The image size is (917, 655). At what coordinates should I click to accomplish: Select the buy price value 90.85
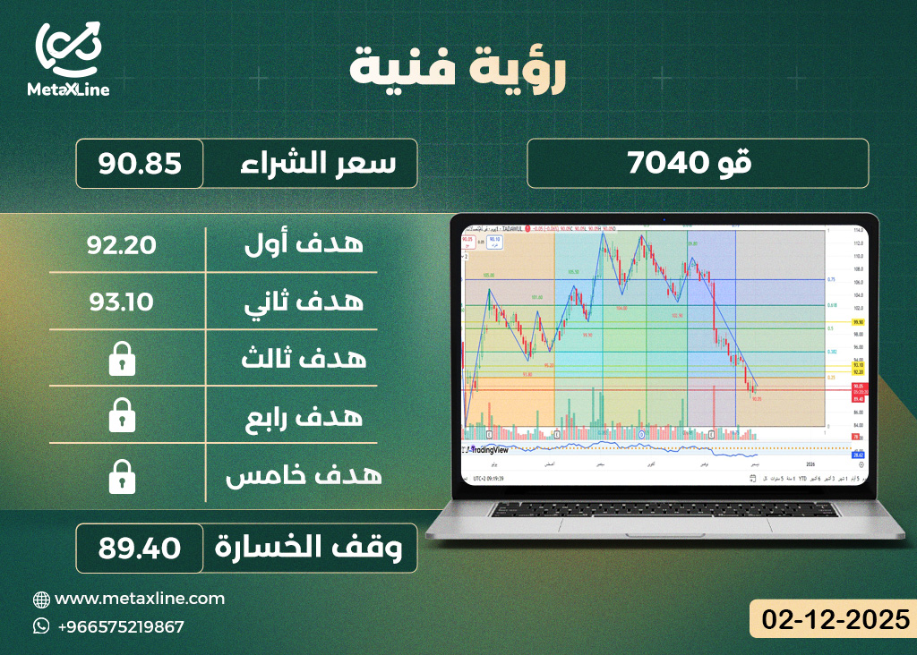coord(141,164)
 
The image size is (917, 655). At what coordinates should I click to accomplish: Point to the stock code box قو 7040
coord(698,164)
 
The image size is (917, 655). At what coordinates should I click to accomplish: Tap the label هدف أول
coord(304,243)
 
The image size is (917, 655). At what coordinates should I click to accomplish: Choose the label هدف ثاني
coord(304,302)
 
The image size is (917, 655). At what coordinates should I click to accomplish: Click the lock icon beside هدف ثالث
coord(121,360)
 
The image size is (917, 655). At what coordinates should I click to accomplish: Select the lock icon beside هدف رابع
coord(121,417)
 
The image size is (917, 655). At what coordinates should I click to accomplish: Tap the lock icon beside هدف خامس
coord(121,476)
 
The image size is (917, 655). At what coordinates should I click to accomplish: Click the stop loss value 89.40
coord(141,547)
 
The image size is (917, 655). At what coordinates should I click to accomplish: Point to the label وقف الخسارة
coord(313,548)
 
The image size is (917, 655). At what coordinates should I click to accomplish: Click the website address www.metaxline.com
coord(140,598)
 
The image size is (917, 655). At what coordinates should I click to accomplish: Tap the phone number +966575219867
coord(120,626)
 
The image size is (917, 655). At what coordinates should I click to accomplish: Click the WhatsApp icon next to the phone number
coord(41,626)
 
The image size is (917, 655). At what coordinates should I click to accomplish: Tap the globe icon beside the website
coord(41,599)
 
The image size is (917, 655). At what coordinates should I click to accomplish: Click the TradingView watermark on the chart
coord(496,451)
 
